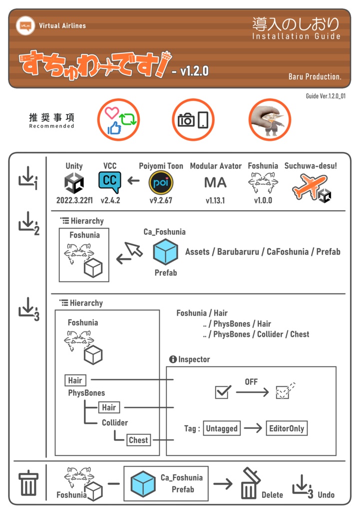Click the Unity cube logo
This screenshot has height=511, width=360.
click(x=74, y=183)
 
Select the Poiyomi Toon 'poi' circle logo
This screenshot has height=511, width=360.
click(x=161, y=183)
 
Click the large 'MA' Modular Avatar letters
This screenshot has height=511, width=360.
click(x=216, y=183)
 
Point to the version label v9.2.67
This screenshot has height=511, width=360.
click(x=161, y=201)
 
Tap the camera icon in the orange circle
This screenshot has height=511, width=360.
click(x=186, y=120)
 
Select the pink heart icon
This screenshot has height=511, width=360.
click(x=112, y=113)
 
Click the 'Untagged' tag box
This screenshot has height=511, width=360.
click(x=222, y=428)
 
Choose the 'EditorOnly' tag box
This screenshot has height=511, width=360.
click(x=286, y=428)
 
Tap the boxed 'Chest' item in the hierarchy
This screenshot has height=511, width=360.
click(x=138, y=440)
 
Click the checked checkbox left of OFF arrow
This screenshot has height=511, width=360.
click(x=222, y=392)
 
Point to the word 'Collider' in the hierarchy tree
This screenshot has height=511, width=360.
click(x=115, y=423)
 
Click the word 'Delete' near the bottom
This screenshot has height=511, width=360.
click(x=273, y=495)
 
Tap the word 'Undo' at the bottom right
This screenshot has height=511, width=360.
click(x=326, y=495)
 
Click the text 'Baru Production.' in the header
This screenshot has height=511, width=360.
click(x=315, y=76)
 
